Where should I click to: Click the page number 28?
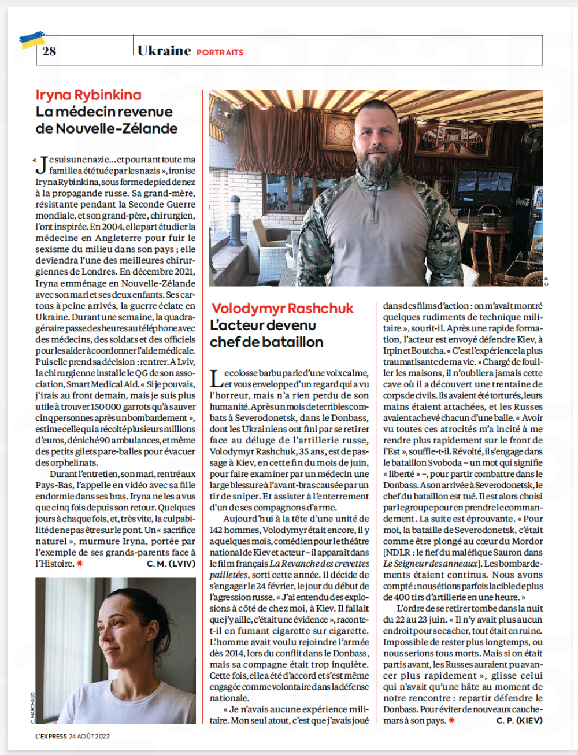(49, 51)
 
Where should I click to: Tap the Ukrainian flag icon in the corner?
(32, 40)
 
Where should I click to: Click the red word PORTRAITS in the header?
(220, 53)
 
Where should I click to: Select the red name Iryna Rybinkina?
(88, 95)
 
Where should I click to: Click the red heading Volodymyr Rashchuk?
(283, 308)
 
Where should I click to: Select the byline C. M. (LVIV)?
(171, 564)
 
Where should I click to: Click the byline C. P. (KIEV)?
(520, 720)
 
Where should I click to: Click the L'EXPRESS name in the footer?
(51, 736)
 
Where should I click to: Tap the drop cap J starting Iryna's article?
(41, 165)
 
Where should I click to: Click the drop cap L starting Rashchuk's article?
(216, 379)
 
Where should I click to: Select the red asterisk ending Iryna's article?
(80, 564)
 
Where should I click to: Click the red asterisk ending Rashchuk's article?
(451, 720)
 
